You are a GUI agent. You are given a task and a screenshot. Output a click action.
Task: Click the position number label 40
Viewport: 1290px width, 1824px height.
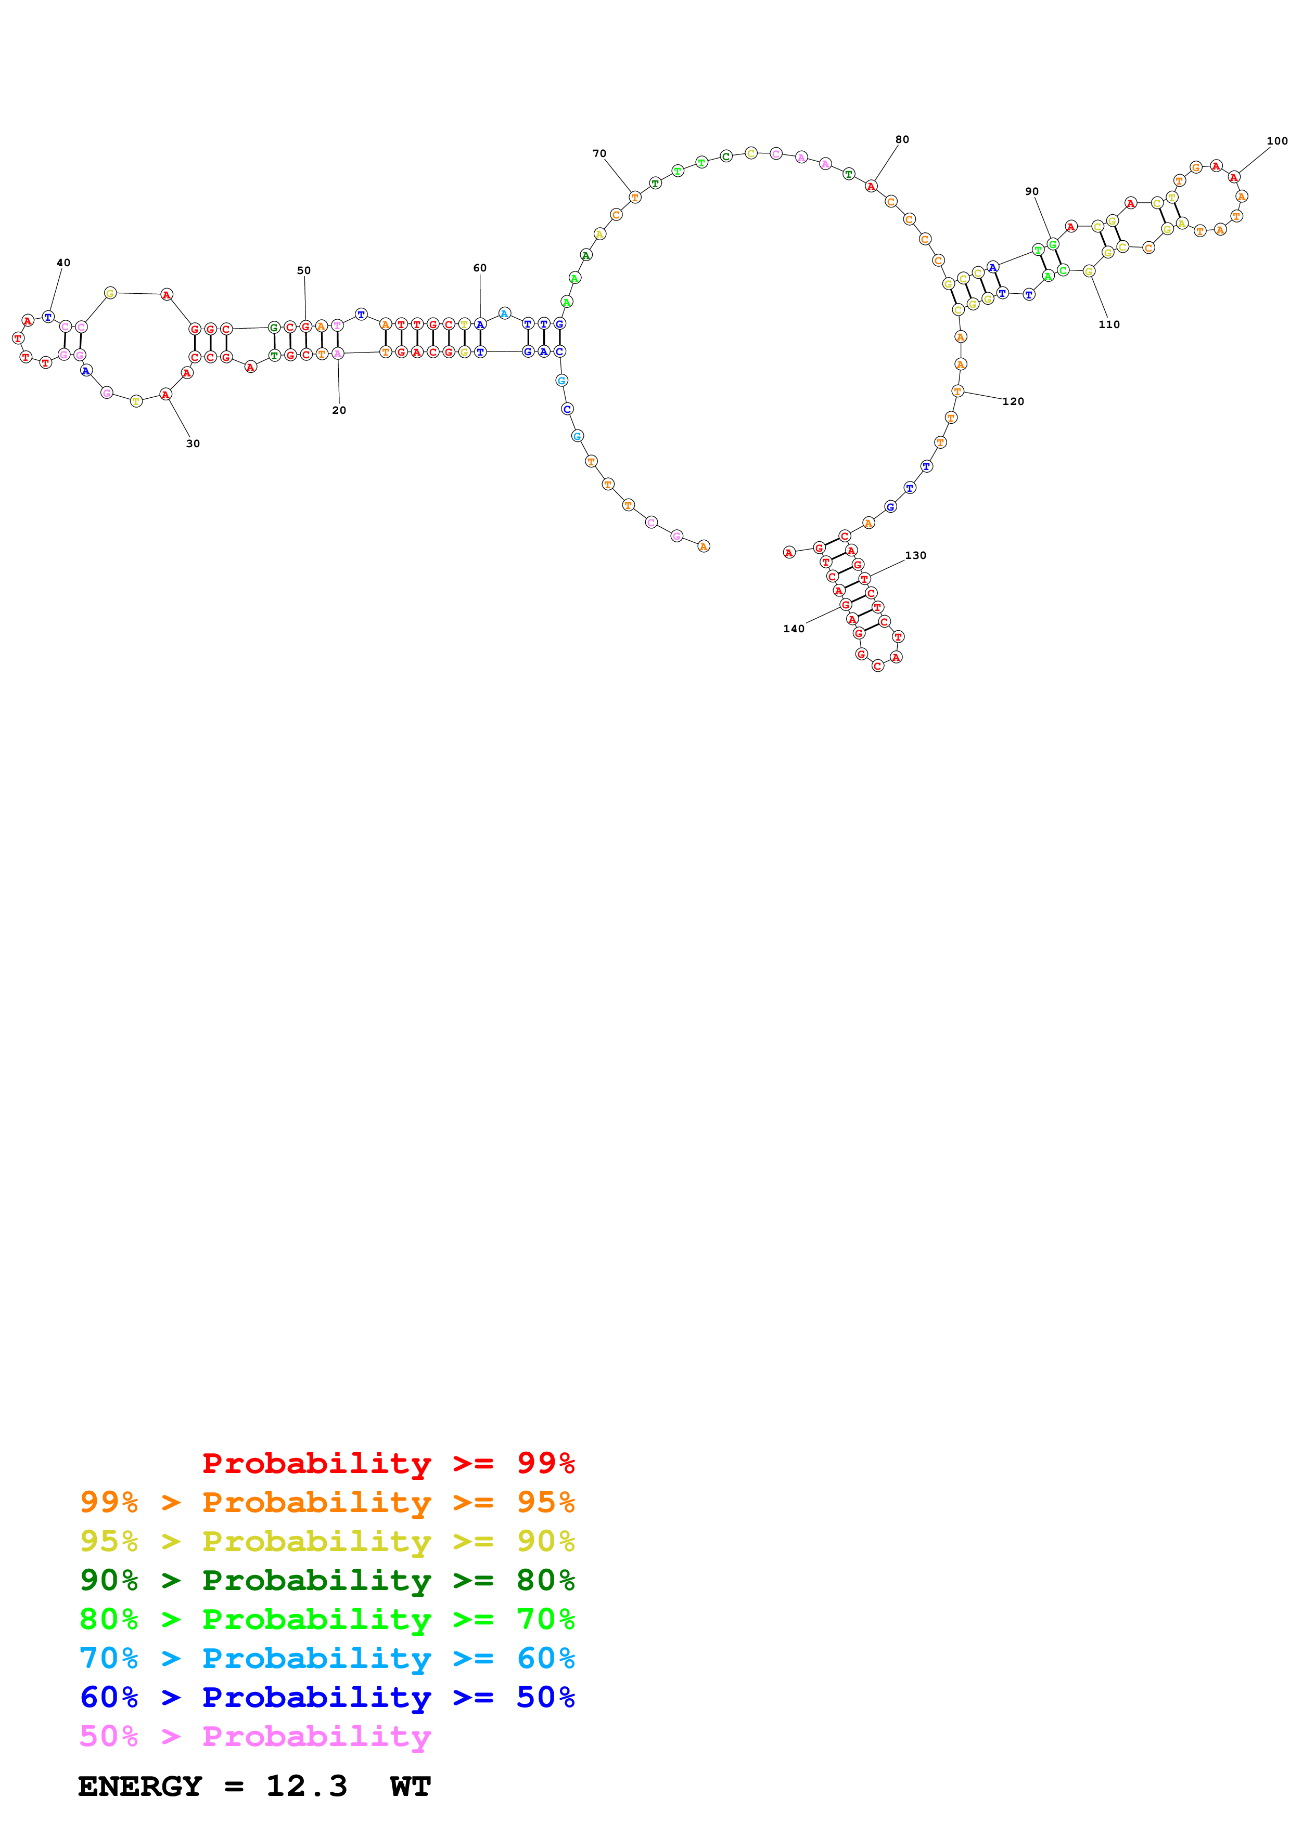tap(63, 263)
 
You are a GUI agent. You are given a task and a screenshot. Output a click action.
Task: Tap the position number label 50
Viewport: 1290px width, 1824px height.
tap(303, 271)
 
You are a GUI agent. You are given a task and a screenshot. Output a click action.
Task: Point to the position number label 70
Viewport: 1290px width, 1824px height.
tap(599, 154)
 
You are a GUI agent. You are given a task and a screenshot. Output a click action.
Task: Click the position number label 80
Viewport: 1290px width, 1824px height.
tap(902, 140)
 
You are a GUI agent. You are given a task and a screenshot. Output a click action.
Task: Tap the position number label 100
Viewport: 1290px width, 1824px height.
tap(1276, 141)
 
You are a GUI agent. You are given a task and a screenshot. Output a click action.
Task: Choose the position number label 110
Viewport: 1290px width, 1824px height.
tap(1109, 325)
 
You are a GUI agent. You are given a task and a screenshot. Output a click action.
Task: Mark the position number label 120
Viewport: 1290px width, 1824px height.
tap(1013, 402)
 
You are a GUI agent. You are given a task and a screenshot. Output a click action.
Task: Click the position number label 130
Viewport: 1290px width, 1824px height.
tap(916, 556)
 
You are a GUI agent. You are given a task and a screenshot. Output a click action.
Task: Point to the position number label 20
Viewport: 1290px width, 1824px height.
tap(339, 411)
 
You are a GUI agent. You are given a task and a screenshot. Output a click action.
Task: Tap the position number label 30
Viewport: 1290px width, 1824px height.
tap(193, 444)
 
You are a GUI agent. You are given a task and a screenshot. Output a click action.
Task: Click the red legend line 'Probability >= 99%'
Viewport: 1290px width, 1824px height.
tap(388, 1463)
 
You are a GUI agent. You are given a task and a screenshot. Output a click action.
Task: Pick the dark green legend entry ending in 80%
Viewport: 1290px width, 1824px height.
tap(327, 1580)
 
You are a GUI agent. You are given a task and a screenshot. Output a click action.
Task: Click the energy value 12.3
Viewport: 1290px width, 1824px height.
tap(306, 1787)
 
